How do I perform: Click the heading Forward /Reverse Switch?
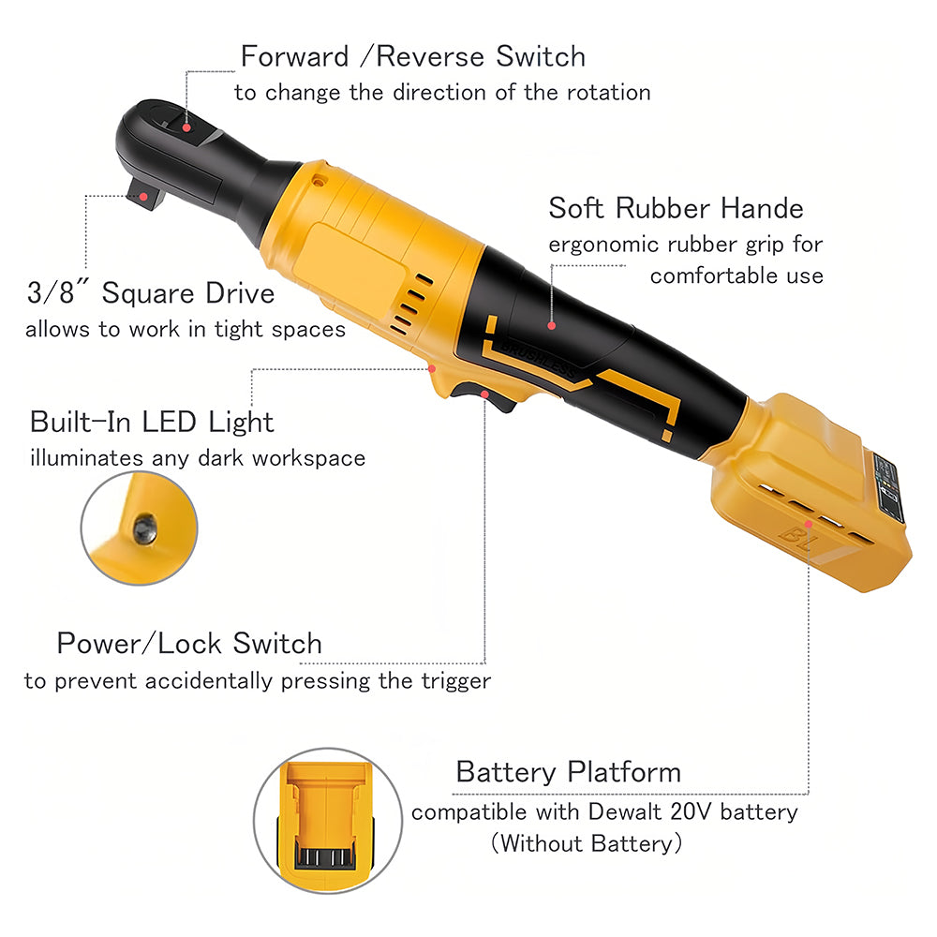pyautogui.click(x=413, y=56)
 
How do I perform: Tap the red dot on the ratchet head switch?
pyautogui.click(x=186, y=126)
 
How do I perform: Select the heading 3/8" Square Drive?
pyautogui.click(x=151, y=293)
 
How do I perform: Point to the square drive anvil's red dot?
pyautogui.click(x=144, y=197)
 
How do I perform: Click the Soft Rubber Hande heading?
pyautogui.click(x=676, y=208)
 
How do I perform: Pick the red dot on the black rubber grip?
pyautogui.click(x=552, y=326)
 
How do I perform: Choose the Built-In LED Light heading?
pyautogui.click(x=152, y=422)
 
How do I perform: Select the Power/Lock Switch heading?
pyautogui.click(x=189, y=644)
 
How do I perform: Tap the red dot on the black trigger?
pyautogui.click(x=484, y=394)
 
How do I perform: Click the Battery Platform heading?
pyautogui.click(x=568, y=772)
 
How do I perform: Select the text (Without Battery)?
pyautogui.click(x=585, y=843)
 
